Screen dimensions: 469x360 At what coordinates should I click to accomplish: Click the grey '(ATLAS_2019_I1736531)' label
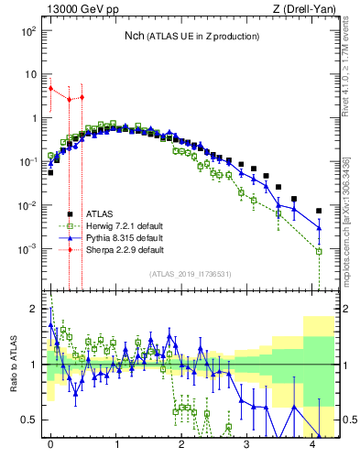[190, 273]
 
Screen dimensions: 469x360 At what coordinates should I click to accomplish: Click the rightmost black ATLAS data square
[319, 210]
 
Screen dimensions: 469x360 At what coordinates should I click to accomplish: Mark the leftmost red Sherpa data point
[51, 89]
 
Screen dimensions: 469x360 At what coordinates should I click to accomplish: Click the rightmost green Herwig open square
[319, 250]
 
